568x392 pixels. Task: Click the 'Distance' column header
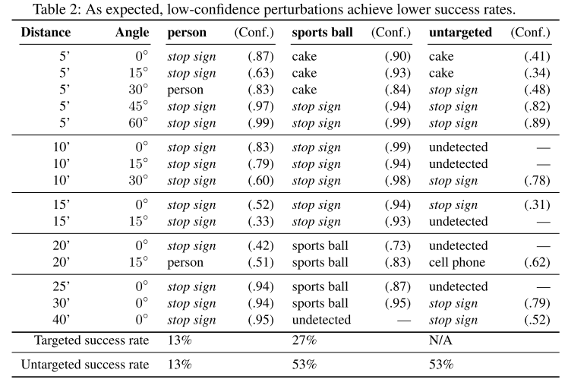[x=46, y=33]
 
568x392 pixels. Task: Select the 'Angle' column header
[x=132, y=33]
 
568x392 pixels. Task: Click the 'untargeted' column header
[x=460, y=33]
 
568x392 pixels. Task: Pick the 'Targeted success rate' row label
[x=84, y=340]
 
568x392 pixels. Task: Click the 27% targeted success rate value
[x=305, y=340]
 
